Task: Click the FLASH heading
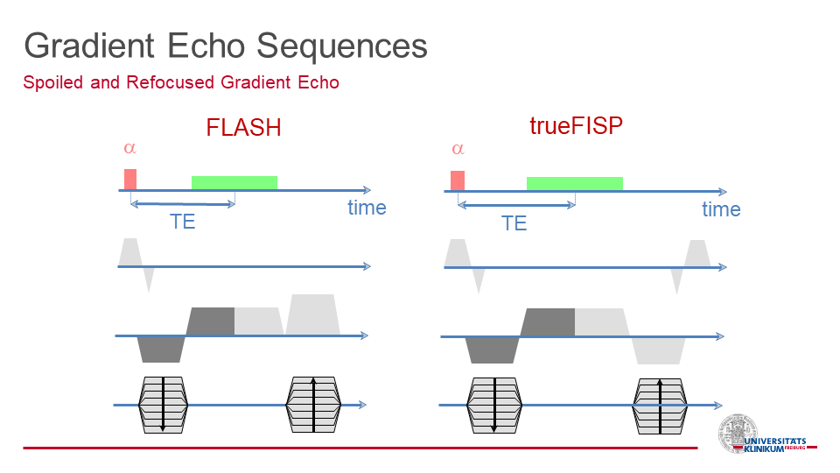pos(244,128)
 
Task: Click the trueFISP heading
pos(577,126)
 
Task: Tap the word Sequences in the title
pos(342,46)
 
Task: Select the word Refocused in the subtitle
pos(171,82)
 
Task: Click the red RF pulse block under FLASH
pos(130,179)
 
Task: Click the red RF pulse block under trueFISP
pos(458,180)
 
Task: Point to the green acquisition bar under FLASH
pos(234,183)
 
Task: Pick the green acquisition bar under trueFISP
pos(575,184)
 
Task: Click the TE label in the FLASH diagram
pos(183,222)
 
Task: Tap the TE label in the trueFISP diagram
pos(514,223)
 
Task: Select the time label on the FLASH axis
pos(367,208)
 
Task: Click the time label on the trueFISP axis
pos(722,209)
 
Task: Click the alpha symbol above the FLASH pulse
pos(129,148)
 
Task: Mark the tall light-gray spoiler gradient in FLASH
pos(313,314)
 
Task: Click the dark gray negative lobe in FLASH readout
pos(161,349)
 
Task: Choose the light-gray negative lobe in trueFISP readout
pos(658,350)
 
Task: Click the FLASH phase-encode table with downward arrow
pos(164,405)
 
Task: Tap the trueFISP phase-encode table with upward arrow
pos(660,406)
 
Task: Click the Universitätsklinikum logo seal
pos(738,434)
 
